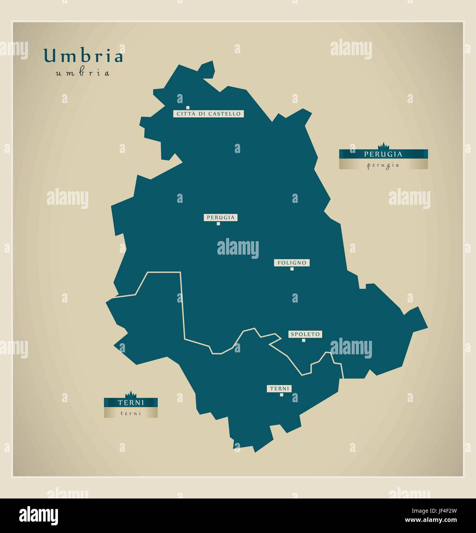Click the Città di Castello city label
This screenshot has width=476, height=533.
[208, 114]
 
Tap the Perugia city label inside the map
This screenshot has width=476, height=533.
[220, 217]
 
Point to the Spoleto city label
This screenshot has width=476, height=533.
[305, 334]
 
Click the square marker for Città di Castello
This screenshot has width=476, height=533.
[188, 108]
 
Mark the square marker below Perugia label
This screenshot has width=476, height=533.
[218, 224]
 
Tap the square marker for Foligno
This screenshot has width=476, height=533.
[292, 269]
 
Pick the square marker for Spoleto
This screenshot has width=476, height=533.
[303, 340]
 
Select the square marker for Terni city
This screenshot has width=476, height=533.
[281, 395]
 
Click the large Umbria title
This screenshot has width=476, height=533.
[84, 56]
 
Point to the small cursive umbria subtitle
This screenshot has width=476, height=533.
[83, 73]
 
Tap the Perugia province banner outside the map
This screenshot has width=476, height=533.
[383, 154]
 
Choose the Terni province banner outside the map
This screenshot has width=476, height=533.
[131, 403]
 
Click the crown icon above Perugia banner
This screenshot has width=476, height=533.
[383, 146]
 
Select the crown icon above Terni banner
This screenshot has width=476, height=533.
[131, 394]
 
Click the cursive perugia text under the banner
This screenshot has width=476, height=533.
[383, 165]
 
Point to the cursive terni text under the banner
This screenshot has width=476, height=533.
[131, 413]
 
